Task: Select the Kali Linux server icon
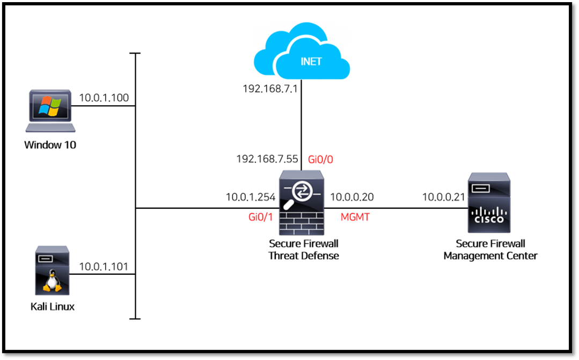tap(52, 270)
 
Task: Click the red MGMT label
tap(355, 217)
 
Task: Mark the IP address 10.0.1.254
tap(251, 197)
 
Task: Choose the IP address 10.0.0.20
tap(351, 197)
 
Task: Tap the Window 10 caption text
tap(50, 145)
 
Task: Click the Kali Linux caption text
tap(52, 307)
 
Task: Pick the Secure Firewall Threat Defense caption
tap(304, 250)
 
